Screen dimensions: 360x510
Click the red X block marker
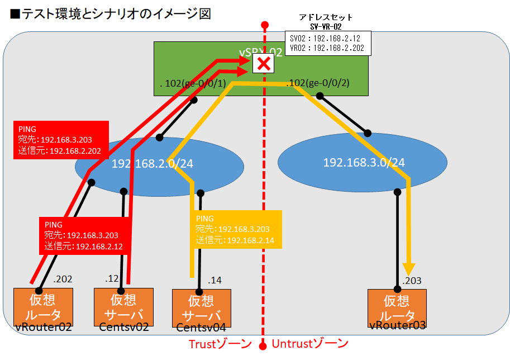pos(264,65)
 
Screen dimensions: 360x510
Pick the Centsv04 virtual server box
pos(201,307)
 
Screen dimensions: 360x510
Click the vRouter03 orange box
pos(397,307)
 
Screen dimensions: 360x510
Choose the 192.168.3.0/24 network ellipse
pos(363,163)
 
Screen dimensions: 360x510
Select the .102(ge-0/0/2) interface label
pos(318,83)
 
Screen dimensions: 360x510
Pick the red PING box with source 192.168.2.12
pos(84,235)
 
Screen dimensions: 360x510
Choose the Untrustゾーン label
pos(309,343)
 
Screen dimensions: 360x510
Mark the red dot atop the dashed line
pos(265,25)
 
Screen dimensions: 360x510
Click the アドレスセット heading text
pos(326,18)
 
